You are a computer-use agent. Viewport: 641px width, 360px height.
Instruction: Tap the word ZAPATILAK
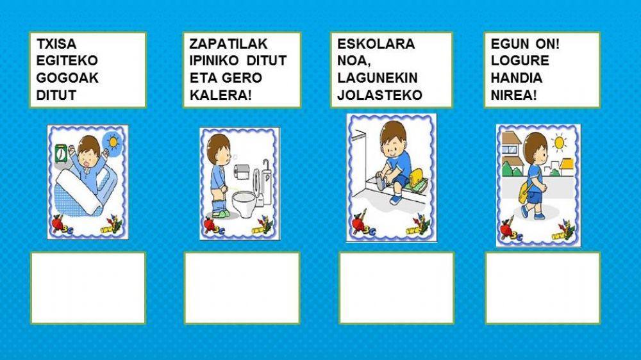pos(228,44)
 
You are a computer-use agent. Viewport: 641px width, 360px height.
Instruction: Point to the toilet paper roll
pos(241,170)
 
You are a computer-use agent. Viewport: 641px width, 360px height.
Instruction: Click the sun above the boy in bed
pos(114,140)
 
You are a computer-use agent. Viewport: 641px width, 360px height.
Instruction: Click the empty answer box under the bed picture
pos(88,288)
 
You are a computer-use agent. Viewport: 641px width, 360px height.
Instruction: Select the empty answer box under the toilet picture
pos(242,288)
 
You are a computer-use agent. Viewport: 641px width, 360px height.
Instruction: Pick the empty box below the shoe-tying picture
pos(396,288)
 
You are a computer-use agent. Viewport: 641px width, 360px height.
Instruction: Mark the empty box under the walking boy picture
pos(542,288)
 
